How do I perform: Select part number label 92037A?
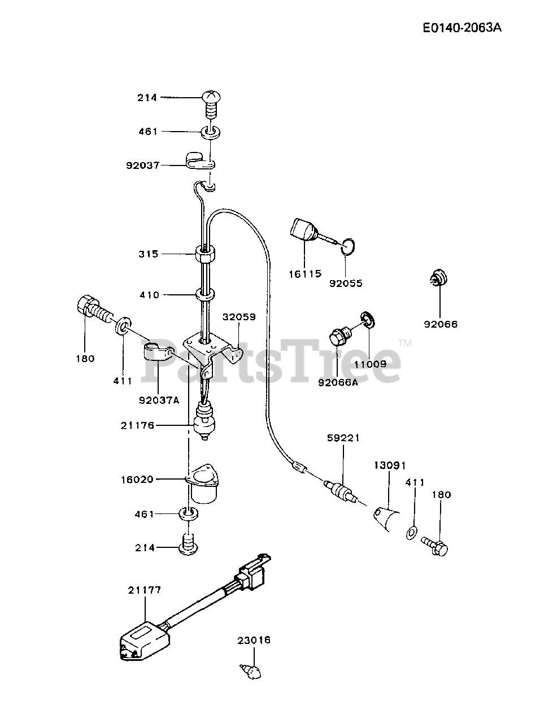(159, 400)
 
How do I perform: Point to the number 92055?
(346, 283)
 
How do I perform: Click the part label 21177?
(144, 590)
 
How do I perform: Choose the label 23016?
(254, 640)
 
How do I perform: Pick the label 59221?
(343, 437)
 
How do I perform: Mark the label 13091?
(389, 465)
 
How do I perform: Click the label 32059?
(238, 317)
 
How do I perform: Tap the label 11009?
(370, 364)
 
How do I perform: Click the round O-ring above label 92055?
(349, 246)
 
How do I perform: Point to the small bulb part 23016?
(251, 671)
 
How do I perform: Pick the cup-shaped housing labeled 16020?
(204, 484)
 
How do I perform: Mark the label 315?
(149, 254)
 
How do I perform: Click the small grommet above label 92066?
(437, 277)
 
